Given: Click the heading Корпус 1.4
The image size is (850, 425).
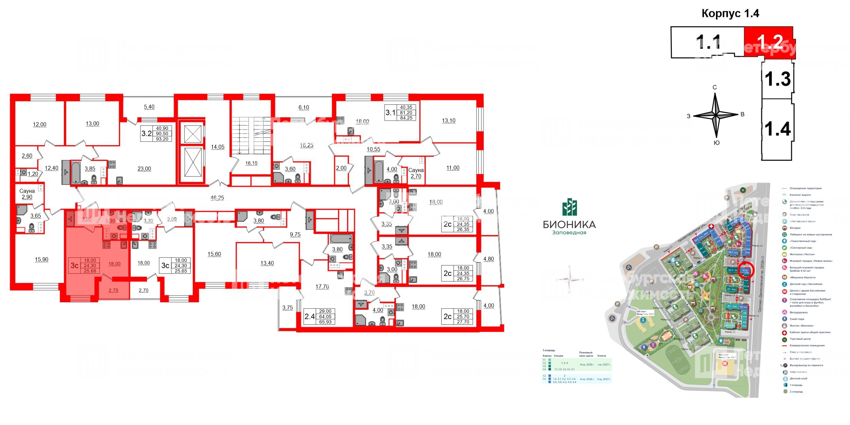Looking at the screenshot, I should click(730, 14).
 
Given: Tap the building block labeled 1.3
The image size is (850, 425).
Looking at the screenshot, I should click(778, 79).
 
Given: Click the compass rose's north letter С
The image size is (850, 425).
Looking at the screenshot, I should click(715, 87).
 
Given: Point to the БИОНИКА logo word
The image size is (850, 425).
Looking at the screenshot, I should click(569, 224).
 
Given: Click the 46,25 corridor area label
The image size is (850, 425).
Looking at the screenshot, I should click(217, 198).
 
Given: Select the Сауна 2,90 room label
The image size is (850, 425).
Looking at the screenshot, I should click(27, 194).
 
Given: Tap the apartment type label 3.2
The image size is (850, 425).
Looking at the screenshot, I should click(147, 133).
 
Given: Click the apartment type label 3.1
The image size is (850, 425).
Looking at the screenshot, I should click(390, 113).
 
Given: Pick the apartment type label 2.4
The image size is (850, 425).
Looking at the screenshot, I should click(310, 317).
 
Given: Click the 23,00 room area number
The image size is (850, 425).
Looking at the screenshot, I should click(144, 169).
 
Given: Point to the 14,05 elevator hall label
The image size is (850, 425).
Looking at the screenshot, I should click(218, 147).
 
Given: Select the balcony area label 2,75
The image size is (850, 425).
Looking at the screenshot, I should click(114, 290).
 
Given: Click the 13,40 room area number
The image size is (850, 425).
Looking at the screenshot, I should click(267, 263).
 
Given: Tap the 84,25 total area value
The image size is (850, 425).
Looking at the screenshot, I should click(406, 118).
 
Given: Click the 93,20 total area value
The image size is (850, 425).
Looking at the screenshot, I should click(162, 139).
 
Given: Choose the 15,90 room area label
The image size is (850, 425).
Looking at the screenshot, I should click(41, 259).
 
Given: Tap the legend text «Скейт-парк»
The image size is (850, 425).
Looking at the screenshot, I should click(796, 319).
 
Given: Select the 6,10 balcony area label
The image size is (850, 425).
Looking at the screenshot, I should click(304, 107).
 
